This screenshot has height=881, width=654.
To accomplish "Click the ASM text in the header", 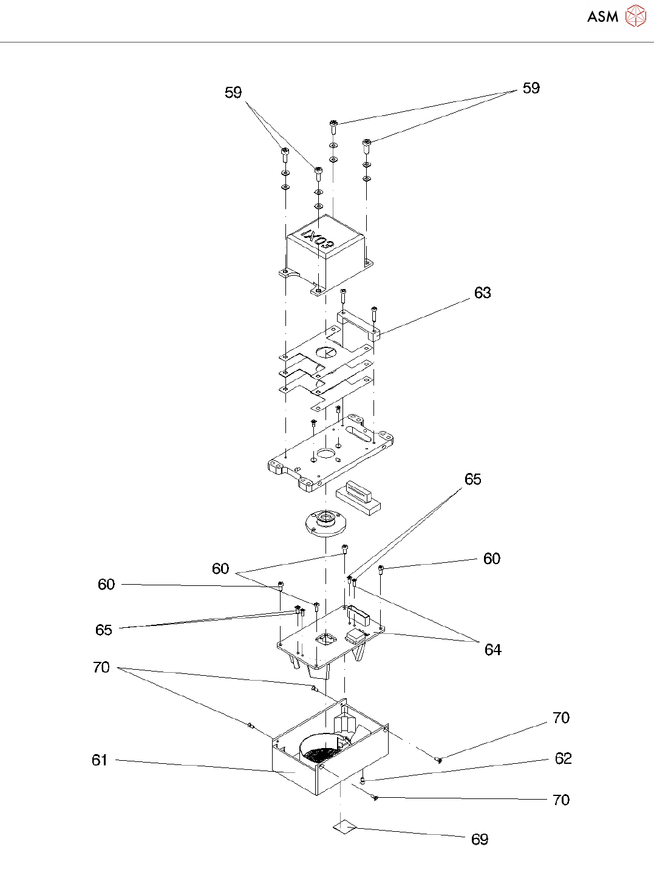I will (x=602, y=17).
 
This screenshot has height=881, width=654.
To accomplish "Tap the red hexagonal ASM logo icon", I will (x=635, y=16).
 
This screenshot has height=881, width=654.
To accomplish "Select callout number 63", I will (x=482, y=293).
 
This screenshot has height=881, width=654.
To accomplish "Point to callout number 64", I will (x=492, y=650).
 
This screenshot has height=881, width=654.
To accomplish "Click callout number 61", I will (x=99, y=760).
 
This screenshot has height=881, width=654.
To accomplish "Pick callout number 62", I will (x=563, y=758).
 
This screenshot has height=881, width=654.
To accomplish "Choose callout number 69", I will (x=479, y=839).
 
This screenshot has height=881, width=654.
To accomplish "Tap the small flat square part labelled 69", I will (x=344, y=826).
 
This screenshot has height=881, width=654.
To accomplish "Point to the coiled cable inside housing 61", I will (x=321, y=752).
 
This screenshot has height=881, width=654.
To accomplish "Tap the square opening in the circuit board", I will (x=326, y=639).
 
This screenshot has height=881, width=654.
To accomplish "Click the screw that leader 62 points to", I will (x=363, y=779).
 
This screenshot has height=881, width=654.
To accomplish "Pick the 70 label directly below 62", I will (x=560, y=800).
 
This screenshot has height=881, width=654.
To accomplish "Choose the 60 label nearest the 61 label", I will (x=106, y=584).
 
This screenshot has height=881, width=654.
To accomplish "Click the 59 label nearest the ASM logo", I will (x=531, y=88).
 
